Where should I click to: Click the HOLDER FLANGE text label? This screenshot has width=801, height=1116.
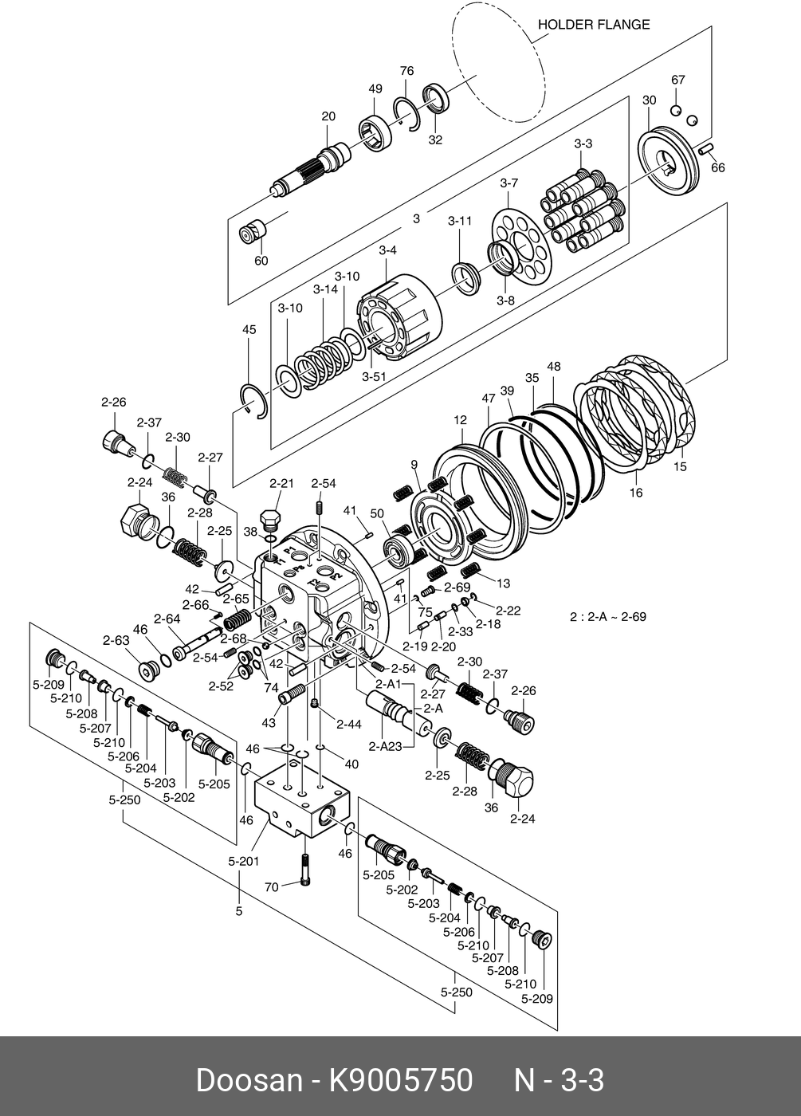point(593,25)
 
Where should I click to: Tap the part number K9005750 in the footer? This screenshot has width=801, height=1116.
point(402,1081)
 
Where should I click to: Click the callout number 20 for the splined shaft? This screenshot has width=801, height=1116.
point(328,116)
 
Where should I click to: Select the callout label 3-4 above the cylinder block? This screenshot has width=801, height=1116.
point(387,250)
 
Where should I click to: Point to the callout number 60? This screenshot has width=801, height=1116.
point(261,261)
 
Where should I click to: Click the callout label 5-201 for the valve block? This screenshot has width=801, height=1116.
point(244,861)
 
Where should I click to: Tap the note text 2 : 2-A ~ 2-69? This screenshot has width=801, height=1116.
point(607,616)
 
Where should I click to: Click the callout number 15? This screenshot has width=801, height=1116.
point(680,466)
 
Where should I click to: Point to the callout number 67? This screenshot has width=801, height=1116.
point(678,80)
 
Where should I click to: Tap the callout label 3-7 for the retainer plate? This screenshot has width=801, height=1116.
point(509,183)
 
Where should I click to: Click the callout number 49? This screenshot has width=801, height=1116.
point(375,89)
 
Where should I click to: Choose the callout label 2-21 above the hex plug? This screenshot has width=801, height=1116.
point(281,483)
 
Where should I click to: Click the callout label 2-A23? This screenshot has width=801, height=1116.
point(385,746)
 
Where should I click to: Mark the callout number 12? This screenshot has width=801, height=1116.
point(461,420)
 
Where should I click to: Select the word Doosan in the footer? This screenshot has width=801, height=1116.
point(249,1081)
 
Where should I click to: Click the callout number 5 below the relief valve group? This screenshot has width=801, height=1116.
point(238,910)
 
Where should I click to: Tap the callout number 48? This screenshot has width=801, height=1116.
point(554,367)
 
